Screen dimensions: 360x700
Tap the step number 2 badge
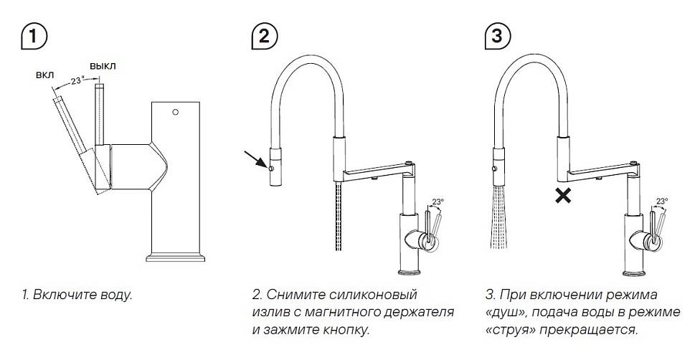click(x=263, y=36)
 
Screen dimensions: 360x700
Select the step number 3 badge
click(x=496, y=36)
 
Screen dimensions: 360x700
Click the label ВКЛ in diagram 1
click(x=44, y=75)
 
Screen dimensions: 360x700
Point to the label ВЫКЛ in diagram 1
click(x=103, y=66)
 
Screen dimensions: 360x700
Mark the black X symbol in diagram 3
click(x=564, y=194)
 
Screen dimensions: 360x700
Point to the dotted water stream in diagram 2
click(x=338, y=215)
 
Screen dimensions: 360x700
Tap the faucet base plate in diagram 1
click(x=177, y=255)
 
